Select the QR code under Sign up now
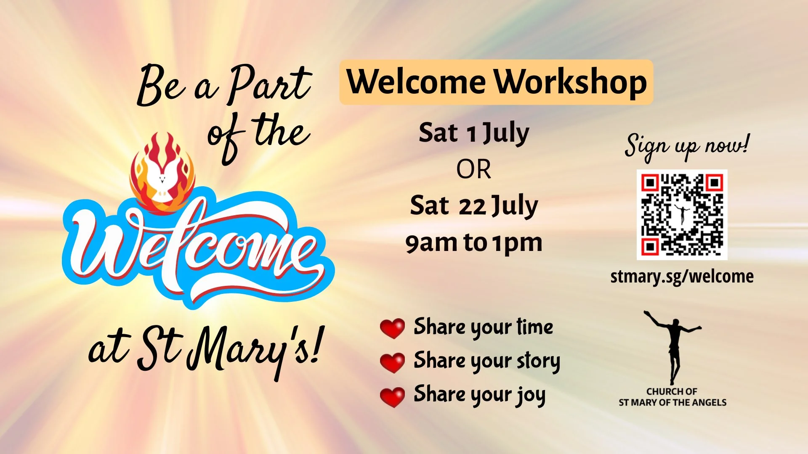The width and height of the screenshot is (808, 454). pos(682,214)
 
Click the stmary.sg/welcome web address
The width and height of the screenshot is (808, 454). pos(682,277)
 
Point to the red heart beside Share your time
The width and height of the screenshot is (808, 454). pos(392,328)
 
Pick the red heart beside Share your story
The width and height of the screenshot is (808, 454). pos(392,362)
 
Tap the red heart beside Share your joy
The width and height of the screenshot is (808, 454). pos(392,396)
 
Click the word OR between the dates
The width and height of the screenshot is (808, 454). pos(473,170)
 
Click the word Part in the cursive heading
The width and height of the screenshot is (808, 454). pos(269,84)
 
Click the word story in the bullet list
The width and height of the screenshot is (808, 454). pos(538,361)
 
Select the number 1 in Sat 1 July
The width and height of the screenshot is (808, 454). pos(471,134)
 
